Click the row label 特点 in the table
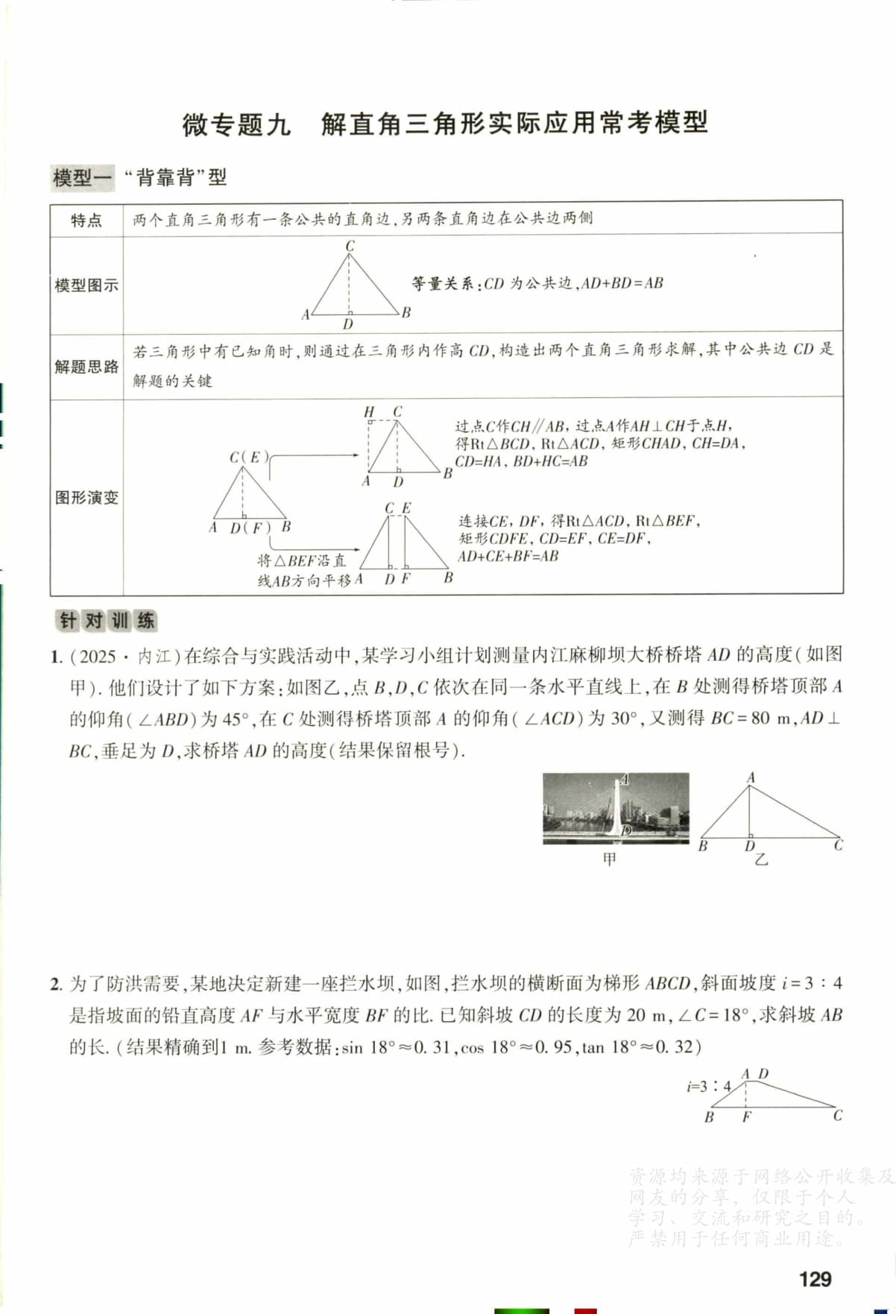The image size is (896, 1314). tap(86, 220)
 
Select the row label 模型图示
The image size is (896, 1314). tap(86, 285)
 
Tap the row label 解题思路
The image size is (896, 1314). tap(86, 367)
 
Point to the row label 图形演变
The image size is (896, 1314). tap(86, 498)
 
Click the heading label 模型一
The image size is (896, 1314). tap(82, 178)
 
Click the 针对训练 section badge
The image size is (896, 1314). tap(107, 621)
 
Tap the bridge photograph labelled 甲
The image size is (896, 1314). tap(616, 808)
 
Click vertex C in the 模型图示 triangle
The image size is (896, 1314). tap(350, 246)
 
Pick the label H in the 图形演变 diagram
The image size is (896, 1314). tap(369, 412)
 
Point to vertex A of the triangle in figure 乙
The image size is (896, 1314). tap(751, 778)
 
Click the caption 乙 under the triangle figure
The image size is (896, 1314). tap(761, 859)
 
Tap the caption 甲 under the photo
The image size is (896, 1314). tap(610, 859)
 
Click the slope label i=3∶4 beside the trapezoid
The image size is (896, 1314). tap(708, 1087)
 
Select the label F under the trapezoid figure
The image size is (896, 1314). tap(746, 1116)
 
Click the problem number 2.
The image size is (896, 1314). tap(56, 984)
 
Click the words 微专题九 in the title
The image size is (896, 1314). tap(236, 124)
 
